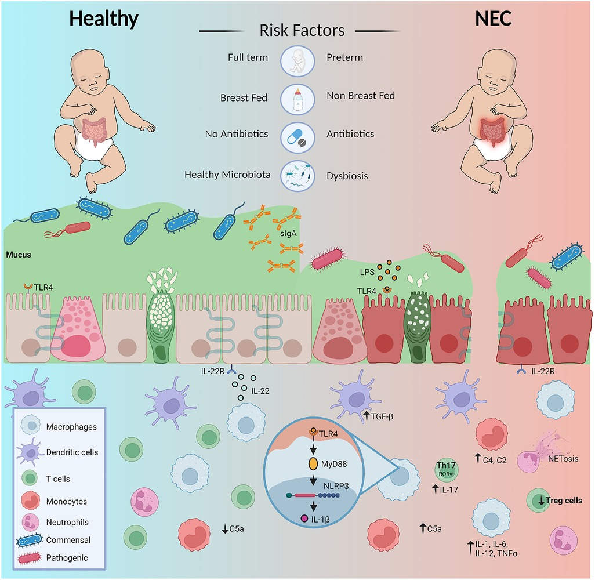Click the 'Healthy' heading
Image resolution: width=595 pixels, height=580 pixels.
pos(104,19)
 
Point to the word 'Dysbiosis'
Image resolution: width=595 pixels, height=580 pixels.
pos(347,175)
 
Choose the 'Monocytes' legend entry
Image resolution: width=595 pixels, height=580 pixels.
pos(66,501)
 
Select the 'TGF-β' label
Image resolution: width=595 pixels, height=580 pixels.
pos(383,415)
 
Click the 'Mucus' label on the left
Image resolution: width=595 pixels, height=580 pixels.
pos(19,254)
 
